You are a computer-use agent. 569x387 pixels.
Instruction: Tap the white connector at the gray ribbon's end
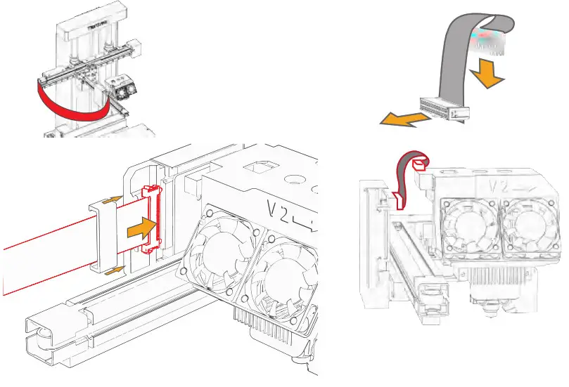pyautogui.click(x=444, y=109)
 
